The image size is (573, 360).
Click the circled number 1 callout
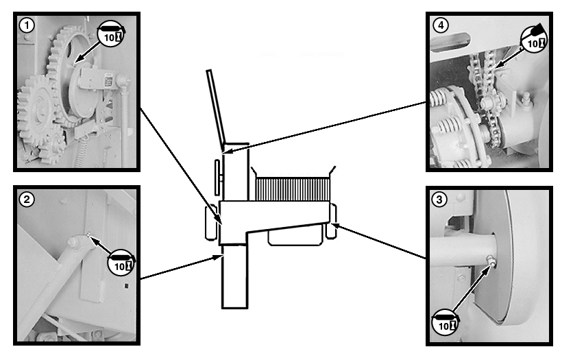27,26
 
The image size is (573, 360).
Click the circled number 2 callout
27,200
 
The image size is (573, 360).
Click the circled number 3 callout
439,200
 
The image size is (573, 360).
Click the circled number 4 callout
440,26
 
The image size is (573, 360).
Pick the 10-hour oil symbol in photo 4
535,38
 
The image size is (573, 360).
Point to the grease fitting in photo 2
89,237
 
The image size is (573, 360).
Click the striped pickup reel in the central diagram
292,187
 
